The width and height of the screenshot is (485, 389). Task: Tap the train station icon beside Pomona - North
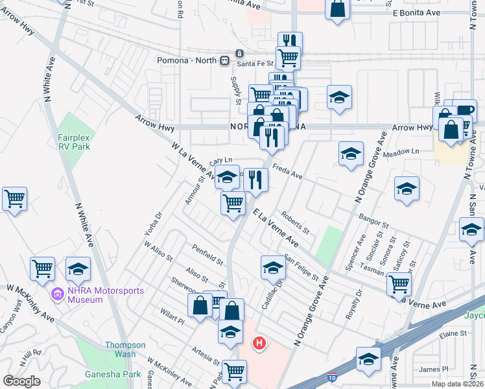click(x=224, y=60)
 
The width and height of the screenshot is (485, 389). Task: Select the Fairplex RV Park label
click(x=73, y=142)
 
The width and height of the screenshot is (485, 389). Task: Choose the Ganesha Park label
click(x=104, y=374)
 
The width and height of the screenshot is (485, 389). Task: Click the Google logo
click(x=21, y=381)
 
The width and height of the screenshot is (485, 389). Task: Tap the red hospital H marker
click(x=259, y=343)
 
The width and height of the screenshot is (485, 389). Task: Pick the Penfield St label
click(x=207, y=255)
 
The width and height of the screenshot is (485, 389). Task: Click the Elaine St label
click(x=454, y=334)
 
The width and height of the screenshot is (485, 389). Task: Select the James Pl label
click(x=434, y=370)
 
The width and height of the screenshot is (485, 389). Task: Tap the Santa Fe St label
click(x=255, y=63)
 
